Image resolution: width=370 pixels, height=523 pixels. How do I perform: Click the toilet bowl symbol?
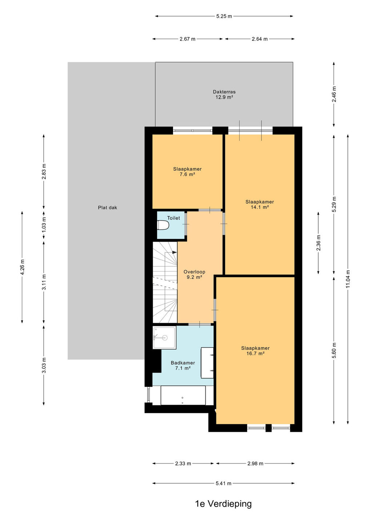click(x=163, y=225)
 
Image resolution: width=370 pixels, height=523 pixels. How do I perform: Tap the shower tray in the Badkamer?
click(x=164, y=338)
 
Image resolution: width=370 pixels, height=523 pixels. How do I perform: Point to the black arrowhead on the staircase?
click(x=174, y=252)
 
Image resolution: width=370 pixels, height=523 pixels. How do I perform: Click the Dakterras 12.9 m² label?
click(x=224, y=94)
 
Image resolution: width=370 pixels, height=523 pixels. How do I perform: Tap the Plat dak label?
click(x=108, y=207)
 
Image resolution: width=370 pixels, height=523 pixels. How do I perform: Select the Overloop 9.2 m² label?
click(x=194, y=274)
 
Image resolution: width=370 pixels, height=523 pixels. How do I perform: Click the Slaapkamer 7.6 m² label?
click(x=187, y=171)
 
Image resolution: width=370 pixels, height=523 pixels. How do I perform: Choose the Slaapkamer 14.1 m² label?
click(x=260, y=204)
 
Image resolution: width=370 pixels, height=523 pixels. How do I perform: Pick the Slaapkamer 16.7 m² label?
click(x=255, y=351)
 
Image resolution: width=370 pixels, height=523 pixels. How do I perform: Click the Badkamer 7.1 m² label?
click(x=183, y=365)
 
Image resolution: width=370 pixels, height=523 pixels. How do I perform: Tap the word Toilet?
click(x=174, y=218)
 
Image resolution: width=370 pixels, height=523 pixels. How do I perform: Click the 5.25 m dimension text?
click(x=224, y=16)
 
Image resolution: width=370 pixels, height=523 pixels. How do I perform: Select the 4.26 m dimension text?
click(x=23, y=267)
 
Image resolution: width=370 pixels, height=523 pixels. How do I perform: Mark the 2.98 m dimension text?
click(x=255, y=463)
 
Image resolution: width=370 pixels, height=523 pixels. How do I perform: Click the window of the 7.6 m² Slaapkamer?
click(x=193, y=130)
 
